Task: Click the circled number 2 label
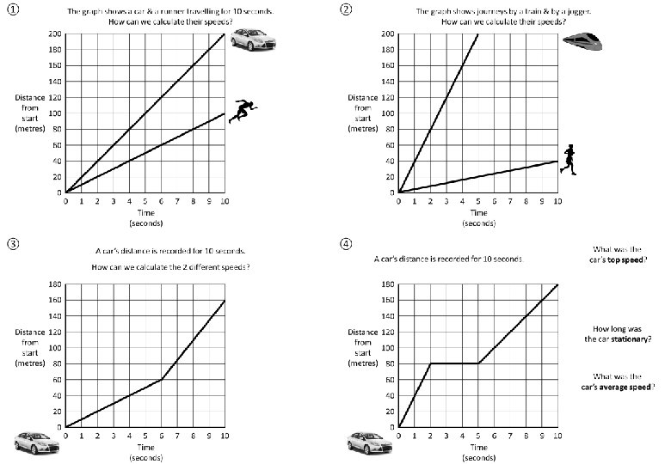[x=346, y=11]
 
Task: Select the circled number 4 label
[x=346, y=243]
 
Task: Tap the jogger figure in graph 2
[x=568, y=160]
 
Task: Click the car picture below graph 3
[x=35, y=443]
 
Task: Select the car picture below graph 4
[x=369, y=443]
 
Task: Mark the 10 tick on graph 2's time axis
[x=557, y=201]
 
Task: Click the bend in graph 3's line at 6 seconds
[x=162, y=379]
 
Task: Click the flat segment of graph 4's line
[x=454, y=363]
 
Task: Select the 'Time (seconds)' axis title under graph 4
[x=478, y=452]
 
